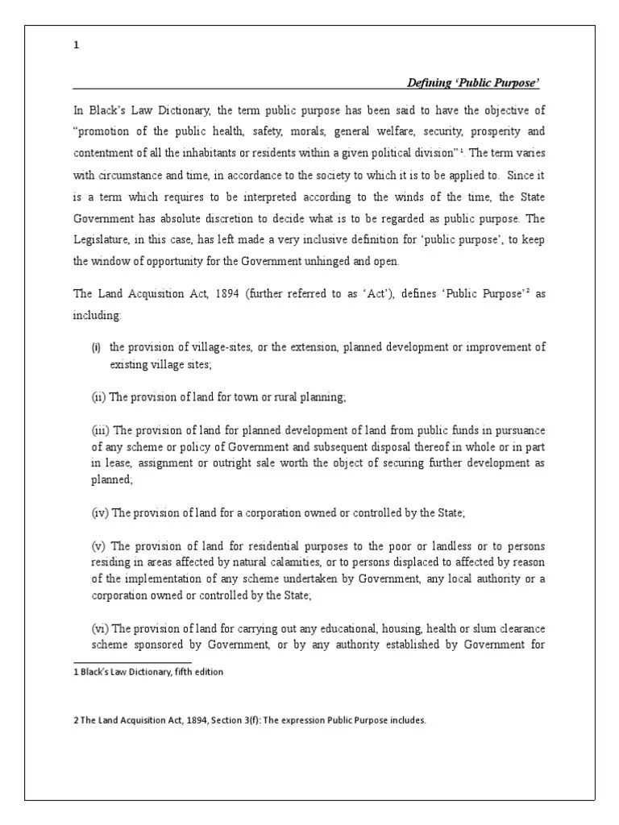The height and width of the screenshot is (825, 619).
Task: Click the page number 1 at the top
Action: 77,46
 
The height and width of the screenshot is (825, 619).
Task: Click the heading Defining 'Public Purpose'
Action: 473,83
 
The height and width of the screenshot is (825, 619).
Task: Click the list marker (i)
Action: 96,347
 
